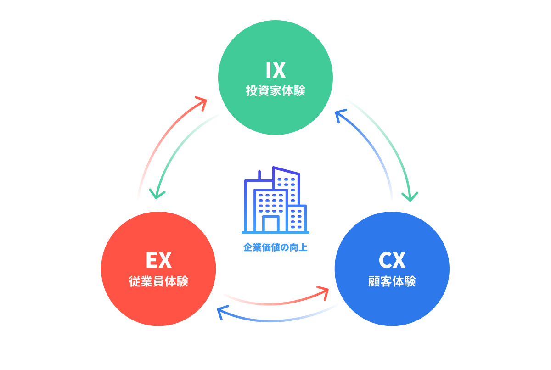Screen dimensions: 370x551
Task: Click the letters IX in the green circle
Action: pos(275,70)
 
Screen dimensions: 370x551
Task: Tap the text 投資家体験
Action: pos(275,90)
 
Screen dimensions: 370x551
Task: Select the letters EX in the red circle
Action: pos(158,261)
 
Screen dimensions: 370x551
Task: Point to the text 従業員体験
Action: pos(158,281)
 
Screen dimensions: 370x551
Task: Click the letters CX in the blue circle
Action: pos(392,261)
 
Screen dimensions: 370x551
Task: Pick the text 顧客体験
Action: pos(392,281)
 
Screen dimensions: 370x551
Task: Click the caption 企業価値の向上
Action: pos(275,247)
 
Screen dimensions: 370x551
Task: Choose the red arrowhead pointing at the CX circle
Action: pos(324,290)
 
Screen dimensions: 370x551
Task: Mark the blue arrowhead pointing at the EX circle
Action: pos(222,313)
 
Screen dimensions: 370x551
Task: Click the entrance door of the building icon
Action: pos(271,224)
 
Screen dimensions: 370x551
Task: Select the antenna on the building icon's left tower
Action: pos(259,175)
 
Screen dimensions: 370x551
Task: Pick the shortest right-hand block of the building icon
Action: pos(297,218)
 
